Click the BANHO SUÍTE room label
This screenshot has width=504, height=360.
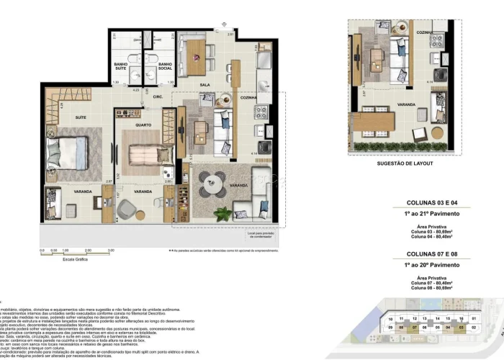120,67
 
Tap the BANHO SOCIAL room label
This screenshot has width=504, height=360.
165,67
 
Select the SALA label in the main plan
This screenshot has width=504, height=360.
204,84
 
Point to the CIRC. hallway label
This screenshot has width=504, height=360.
158,96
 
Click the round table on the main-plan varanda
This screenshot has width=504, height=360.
212,184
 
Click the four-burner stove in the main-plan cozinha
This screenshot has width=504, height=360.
261,112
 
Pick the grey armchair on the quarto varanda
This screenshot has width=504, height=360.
127,209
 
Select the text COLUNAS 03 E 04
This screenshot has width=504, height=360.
428,202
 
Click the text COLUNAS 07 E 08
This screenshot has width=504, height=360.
428,254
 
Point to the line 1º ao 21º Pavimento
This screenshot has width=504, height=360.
428,214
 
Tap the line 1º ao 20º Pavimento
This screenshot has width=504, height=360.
428,266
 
